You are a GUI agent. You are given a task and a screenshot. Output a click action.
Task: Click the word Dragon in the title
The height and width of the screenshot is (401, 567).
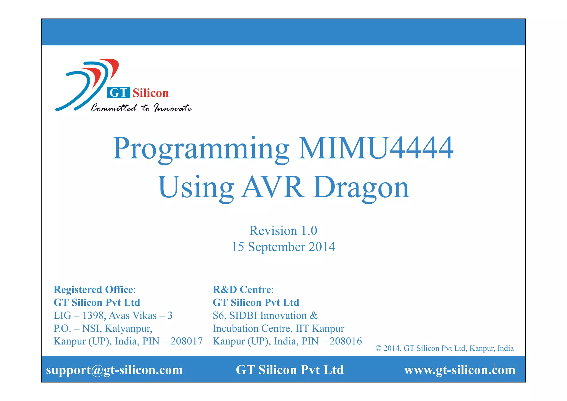[361, 188]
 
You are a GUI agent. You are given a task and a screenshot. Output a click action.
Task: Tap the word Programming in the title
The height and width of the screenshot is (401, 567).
[201, 149]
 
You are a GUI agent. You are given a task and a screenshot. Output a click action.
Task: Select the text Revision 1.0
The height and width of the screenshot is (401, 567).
[283, 231]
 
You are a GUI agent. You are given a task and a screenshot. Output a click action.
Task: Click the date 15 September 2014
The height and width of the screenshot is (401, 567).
[283, 247]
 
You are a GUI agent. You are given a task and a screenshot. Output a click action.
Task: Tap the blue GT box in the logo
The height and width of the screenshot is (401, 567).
[118, 93]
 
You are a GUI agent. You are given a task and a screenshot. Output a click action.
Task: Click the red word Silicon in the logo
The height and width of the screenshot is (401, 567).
[151, 93]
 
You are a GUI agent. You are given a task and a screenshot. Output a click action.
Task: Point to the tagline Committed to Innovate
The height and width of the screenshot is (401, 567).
[141, 108]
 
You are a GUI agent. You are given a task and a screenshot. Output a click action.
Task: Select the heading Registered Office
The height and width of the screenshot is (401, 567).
[94, 289]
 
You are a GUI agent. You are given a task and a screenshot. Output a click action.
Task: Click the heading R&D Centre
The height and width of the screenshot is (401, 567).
[242, 289]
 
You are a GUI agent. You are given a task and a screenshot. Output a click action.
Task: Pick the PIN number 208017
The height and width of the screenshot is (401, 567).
[186, 341]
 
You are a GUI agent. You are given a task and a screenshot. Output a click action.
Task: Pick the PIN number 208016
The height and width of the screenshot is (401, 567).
[346, 341]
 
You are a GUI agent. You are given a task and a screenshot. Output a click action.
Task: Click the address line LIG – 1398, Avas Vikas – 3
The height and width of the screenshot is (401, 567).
[113, 315]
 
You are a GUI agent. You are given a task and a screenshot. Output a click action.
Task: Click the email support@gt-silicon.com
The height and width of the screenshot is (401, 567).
[114, 370]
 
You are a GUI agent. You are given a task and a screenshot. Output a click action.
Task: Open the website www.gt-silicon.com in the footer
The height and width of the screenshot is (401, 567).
[460, 370]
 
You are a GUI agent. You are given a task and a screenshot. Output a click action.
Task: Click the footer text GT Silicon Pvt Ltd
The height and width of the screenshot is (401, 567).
[290, 370]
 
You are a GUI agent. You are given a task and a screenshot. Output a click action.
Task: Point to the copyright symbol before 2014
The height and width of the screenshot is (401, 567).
[378, 348]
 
